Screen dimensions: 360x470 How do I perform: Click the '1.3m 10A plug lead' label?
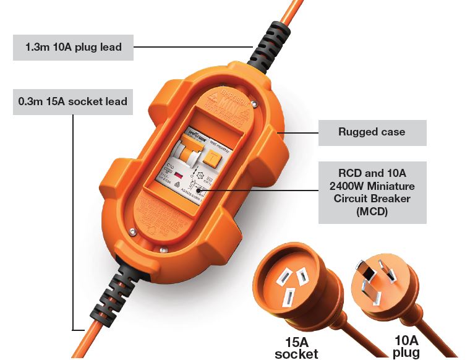coord(73,46)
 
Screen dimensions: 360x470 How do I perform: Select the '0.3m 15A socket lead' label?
coord(73,101)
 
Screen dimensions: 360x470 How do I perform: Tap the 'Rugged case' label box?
coord(372,132)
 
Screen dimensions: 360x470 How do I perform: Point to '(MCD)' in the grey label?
coord(372,212)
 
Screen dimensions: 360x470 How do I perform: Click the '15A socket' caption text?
coord(296,347)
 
